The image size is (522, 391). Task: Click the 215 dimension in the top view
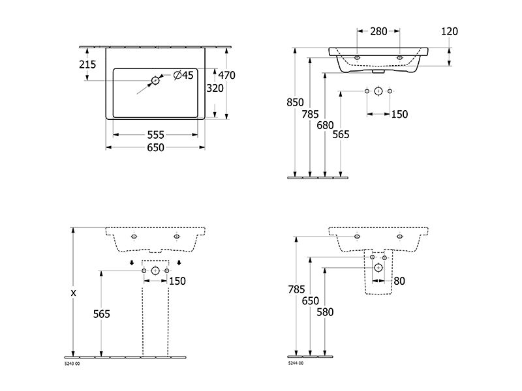tap(87, 64)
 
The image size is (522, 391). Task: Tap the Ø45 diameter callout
tap(183, 75)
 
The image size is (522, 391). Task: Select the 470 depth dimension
tap(226, 76)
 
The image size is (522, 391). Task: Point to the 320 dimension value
tap(215, 88)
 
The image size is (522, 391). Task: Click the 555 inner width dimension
tap(156, 135)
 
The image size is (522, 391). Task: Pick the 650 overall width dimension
tap(156, 147)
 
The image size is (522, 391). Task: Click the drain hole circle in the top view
tap(155, 80)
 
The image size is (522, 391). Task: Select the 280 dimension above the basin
tap(379, 31)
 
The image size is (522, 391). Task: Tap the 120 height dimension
tap(450, 31)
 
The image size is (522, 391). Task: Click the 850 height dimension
tap(296, 102)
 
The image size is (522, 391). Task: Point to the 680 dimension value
tap(325, 125)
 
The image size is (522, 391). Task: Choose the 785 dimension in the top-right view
tap(311, 114)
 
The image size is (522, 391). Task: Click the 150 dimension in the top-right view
tap(399, 114)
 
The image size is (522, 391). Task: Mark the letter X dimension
tap(74, 293)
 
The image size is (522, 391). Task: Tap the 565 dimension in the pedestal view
tap(102, 314)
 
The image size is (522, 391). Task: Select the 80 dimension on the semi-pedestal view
tap(399, 281)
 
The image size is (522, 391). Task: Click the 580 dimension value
tap(325, 312)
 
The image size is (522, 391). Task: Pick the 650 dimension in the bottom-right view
tap(311, 300)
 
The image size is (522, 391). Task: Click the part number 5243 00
tap(72, 364)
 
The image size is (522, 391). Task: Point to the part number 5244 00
tap(296, 363)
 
